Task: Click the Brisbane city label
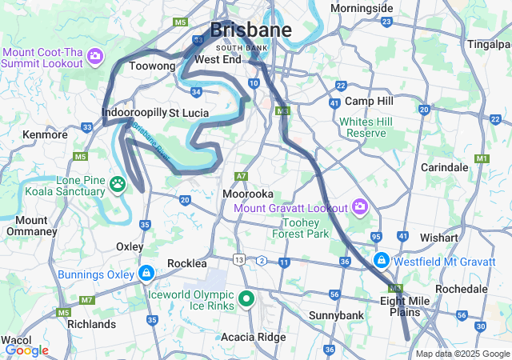click(x=250, y=30)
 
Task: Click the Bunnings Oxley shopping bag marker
click(x=146, y=274)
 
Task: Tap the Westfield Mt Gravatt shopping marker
click(x=382, y=260)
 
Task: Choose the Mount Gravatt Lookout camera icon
click(x=359, y=208)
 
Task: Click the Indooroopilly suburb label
click(x=133, y=113)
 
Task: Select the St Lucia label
click(x=189, y=113)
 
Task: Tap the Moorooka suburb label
click(x=248, y=194)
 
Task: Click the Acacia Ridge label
click(x=253, y=337)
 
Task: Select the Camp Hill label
click(x=369, y=102)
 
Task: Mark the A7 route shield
click(x=242, y=176)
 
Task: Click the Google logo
click(x=26, y=350)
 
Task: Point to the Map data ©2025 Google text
click(x=462, y=354)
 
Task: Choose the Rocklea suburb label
click(x=187, y=263)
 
